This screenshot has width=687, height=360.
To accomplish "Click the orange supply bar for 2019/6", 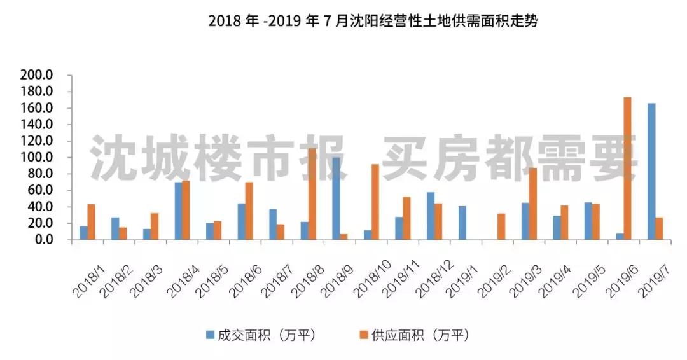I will pyautogui.click(x=627, y=169).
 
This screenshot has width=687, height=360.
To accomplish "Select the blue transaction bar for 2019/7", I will pyautogui.click(x=651, y=172).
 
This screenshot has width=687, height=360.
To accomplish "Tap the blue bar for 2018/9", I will pyautogui.click(x=336, y=198).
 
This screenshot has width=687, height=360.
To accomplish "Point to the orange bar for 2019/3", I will pyautogui.click(x=533, y=204).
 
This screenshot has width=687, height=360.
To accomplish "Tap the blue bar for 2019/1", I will pyautogui.click(x=462, y=223).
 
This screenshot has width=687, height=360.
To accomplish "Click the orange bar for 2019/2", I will pyautogui.click(x=501, y=226).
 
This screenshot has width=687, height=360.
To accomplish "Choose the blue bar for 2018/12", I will pyautogui.click(x=431, y=216).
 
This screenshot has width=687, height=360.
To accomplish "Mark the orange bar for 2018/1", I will pyautogui.click(x=92, y=222).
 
